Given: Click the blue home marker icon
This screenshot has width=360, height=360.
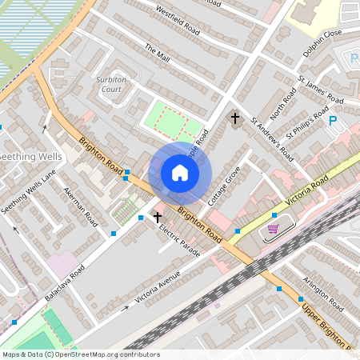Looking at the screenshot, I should (x=180, y=173).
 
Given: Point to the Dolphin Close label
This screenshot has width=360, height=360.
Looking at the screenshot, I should (x=322, y=45).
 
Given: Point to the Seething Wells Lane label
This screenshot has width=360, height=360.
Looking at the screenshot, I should (x=29, y=192).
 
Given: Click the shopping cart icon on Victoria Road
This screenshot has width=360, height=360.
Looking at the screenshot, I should (x=273, y=229).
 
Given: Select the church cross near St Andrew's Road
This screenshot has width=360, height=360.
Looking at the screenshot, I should (x=235, y=118).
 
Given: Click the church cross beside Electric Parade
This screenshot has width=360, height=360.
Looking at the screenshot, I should (x=158, y=217).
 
